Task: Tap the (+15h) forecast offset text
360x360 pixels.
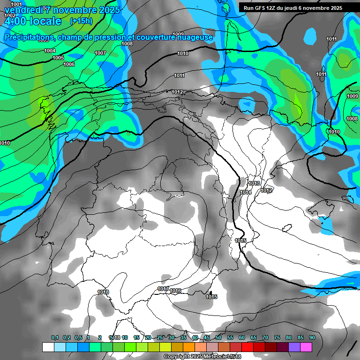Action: click(x=82, y=21)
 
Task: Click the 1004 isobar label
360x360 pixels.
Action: click(x=50, y=51)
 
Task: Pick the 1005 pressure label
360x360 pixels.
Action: click(x=58, y=58)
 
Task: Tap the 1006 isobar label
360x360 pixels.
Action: click(x=69, y=64)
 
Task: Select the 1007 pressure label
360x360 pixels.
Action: click(x=100, y=53)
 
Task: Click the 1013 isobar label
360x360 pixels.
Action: click(x=255, y=183)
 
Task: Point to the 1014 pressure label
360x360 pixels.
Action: click(x=246, y=192)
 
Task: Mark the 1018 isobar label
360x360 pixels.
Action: click(x=103, y=292)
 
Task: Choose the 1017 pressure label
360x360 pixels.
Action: click(x=163, y=289)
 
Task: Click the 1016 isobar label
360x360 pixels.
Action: click(x=175, y=291)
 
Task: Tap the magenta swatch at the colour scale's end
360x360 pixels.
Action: click(x=306, y=347)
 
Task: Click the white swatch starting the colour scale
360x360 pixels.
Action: click(x=48, y=347)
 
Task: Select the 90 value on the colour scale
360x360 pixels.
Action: click(x=312, y=337)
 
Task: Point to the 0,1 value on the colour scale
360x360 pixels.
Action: click(x=55, y=337)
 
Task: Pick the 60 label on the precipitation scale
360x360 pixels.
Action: click(x=241, y=337)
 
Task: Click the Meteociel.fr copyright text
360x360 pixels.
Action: click(x=202, y=357)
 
